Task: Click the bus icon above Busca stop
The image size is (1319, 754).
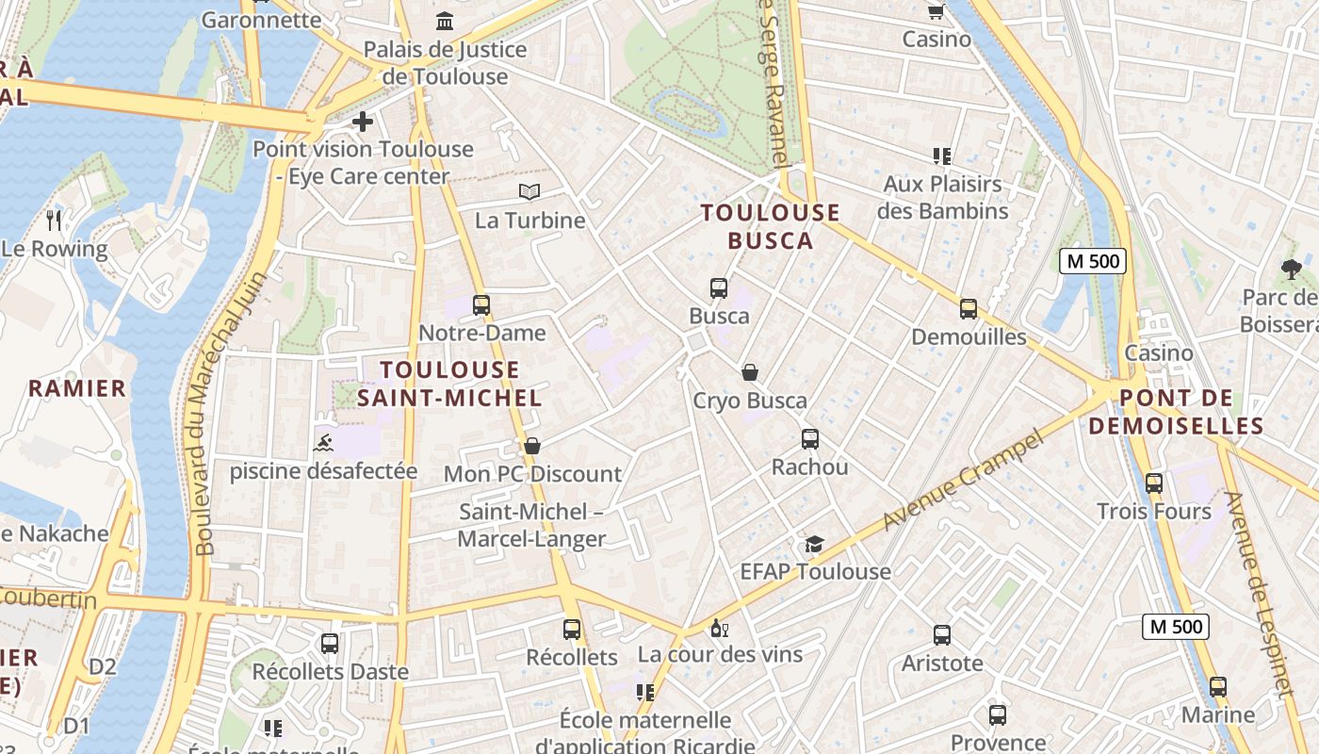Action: [x=719, y=288]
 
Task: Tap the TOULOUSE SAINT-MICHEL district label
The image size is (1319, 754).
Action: [x=450, y=384]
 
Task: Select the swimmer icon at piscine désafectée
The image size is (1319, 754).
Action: [x=323, y=442]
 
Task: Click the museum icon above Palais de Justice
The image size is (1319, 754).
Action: [x=445, y=21]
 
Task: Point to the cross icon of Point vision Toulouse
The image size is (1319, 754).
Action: [x=363, y=122]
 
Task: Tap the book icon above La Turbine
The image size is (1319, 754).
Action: [x=529, y=192]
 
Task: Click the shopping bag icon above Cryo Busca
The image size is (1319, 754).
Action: [x=750, y=372]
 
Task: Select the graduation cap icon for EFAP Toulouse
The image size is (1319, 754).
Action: [x=814, y=544]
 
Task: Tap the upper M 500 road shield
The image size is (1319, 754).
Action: [x=1093, y=261]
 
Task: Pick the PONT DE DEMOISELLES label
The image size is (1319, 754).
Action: [x=1176, y=412]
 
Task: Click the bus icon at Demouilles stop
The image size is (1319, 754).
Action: [x=969, y=309]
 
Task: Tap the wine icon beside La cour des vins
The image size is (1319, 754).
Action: [x=720, y=628]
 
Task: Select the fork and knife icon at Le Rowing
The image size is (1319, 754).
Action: [x=55, y=221]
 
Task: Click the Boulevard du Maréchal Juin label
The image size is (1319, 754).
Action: [x=229, y=412]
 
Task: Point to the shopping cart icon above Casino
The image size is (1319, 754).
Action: [x=936, y=11]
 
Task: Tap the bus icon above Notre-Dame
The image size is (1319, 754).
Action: [x=481, y=305]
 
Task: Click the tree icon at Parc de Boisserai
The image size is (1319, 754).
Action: [x=1291, y=270]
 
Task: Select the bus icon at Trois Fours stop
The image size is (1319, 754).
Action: [x=1154, y=484]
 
